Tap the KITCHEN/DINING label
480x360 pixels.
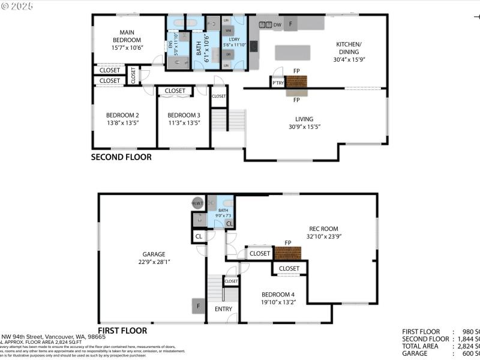(x=348, y=48)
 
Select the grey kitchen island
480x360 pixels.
(x=292, y=53)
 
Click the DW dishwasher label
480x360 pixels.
(x=277, y=25)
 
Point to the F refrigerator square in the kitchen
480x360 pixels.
(x=291, y=24)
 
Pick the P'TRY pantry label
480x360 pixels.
(x=278, y=83)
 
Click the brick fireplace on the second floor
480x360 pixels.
(x=296, y=81)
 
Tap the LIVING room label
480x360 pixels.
(x=304, y=119)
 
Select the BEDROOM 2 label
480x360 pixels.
(x=122, y=115)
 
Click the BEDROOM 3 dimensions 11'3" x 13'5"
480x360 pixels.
(x=184, y=123)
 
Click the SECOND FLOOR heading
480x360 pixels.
(x=121, y=157)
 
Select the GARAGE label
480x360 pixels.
(x=154, y=254)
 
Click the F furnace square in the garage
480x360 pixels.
(x=198, y=305)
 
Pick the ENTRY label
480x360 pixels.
(x=223, y=309)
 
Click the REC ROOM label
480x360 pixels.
(x=323, y=229)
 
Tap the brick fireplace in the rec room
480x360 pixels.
(x=287, y=253)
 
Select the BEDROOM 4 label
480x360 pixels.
(x=278, y=295)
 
